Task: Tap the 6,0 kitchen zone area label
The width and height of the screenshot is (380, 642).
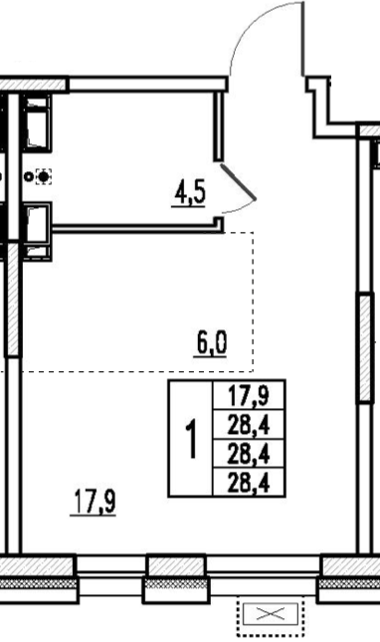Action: click(211, 343)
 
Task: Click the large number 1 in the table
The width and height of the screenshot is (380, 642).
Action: click(191, 439)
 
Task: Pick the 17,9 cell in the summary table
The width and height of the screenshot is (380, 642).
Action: click(249, 396)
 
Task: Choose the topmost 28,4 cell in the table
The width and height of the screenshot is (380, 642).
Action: click(249, 425)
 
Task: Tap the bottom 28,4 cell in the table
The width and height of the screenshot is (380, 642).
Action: click(249, 484)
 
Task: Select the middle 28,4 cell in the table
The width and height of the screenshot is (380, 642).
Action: click(249, 455)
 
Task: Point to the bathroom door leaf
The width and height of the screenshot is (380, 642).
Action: click(239, 182)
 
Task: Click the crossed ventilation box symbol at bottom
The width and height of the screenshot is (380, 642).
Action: click(270, 614)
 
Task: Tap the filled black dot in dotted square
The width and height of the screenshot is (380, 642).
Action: click(44, 177)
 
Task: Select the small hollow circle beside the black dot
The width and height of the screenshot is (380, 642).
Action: click(28, 177)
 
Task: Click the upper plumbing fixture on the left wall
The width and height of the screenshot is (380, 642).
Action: click(37, 122)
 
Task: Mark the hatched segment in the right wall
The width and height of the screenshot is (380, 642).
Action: click(365, 347)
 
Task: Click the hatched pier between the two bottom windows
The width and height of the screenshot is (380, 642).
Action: click(176, 566)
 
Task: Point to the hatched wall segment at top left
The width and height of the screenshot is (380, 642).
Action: click(33, 84)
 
